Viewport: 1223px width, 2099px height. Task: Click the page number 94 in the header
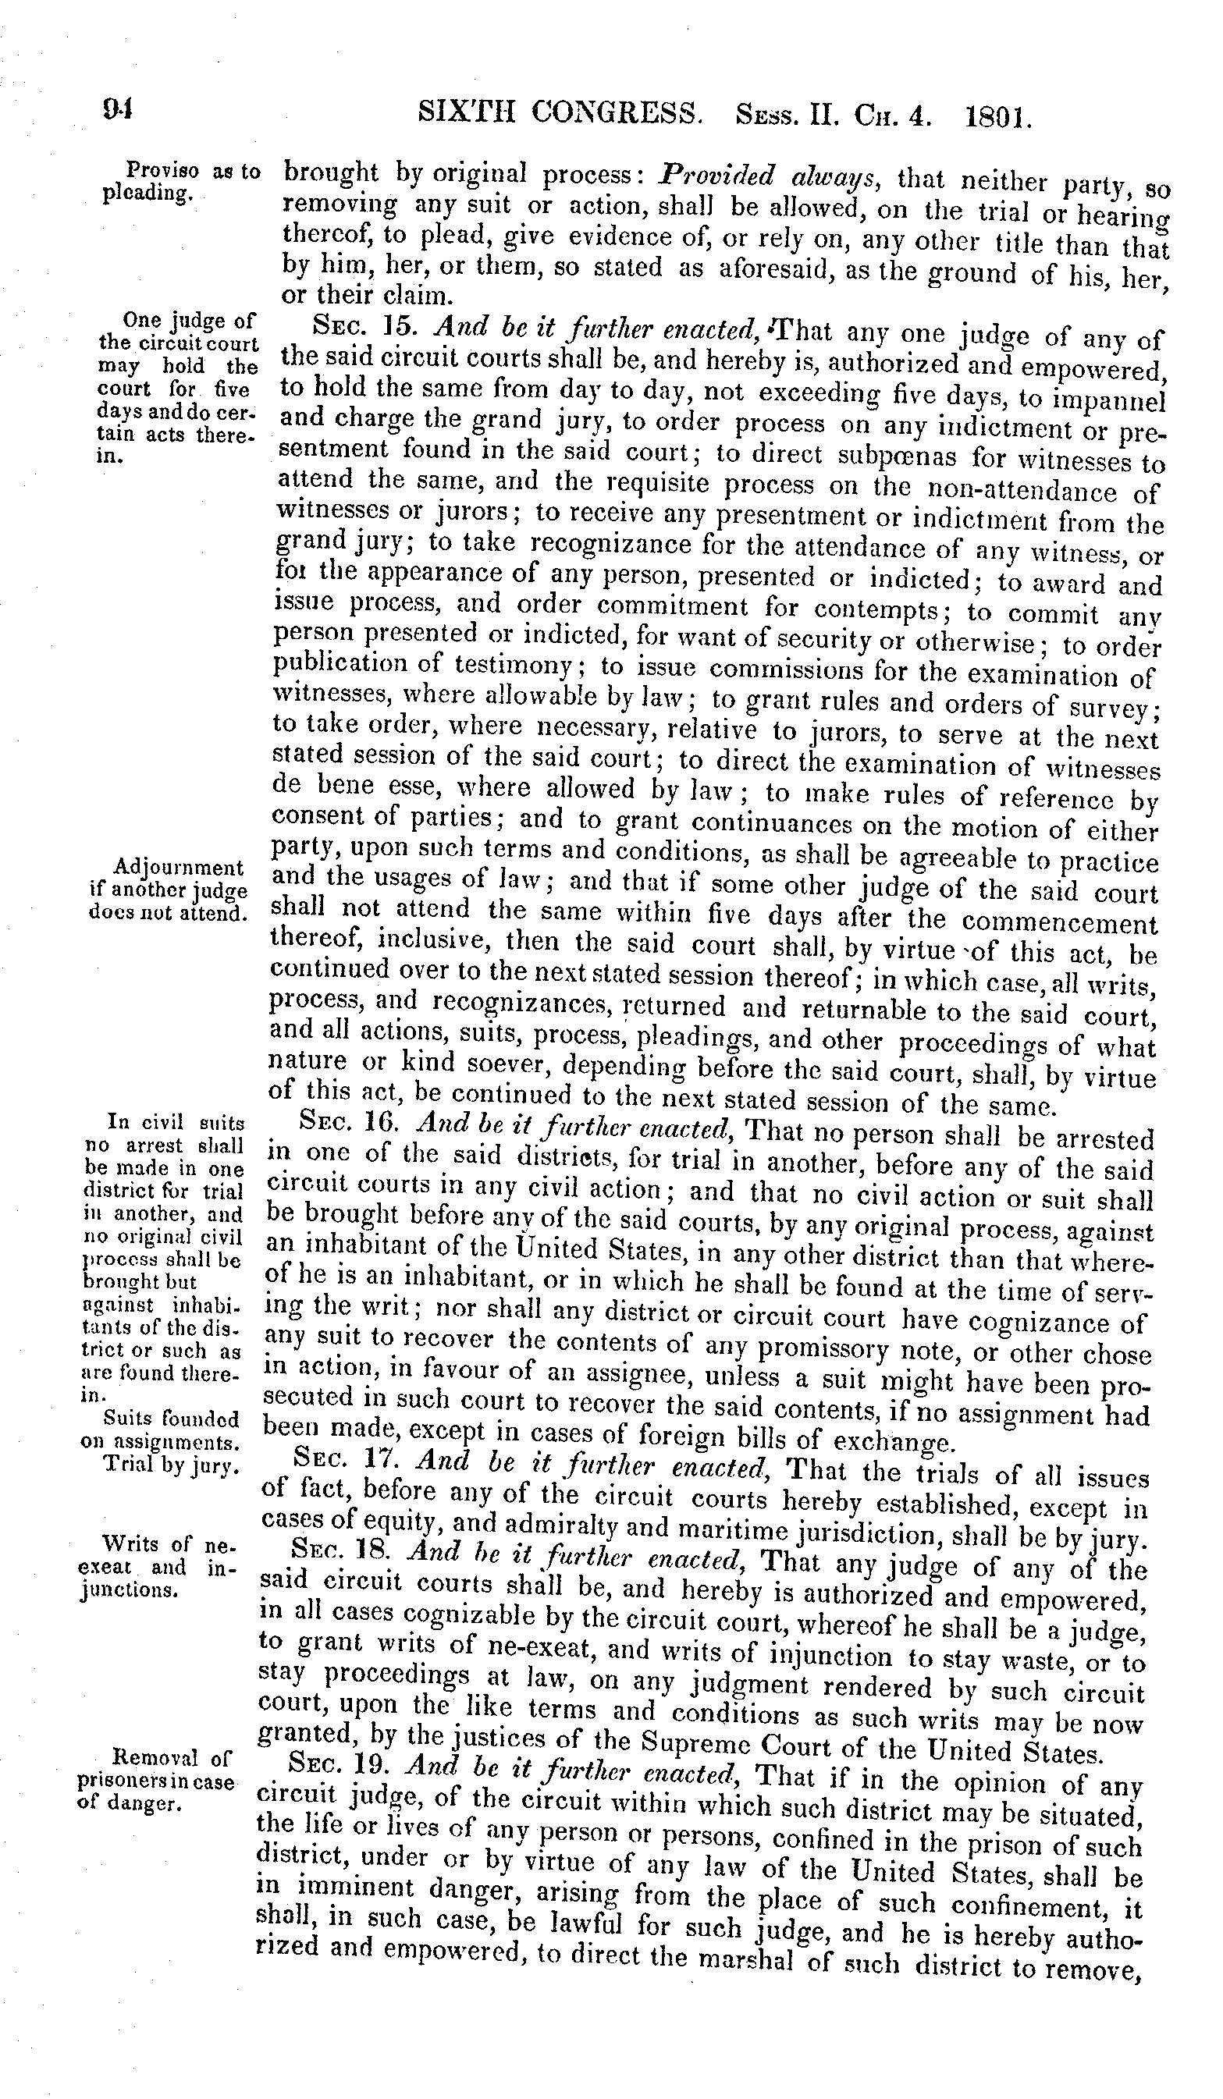pyautogui.click(x=119, y=110)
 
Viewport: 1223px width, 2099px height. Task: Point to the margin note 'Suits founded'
pyautogui.click(x=171, y=1418)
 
